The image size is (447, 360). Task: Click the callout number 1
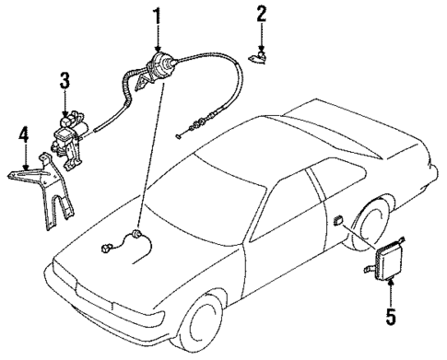157,16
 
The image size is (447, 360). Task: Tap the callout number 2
261,13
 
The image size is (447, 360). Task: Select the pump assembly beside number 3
66,128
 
